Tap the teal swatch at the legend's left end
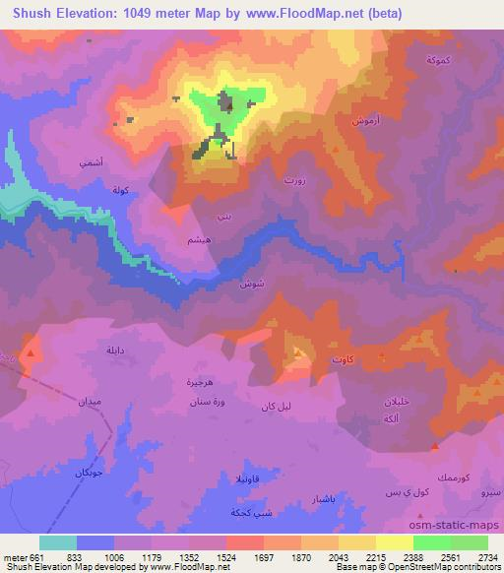click(x=58, y=542)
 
